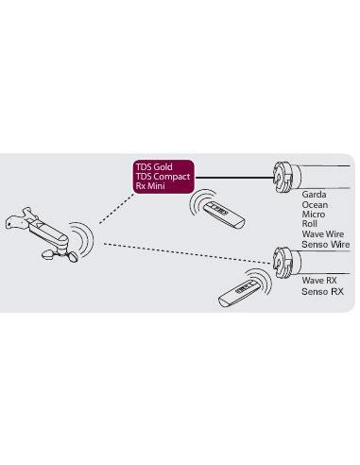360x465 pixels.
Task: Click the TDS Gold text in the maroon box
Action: pyautogui.click(x=154, y=166)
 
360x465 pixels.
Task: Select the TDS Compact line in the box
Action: pyautogui.click(x=163, y=177)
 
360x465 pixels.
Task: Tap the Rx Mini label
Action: pyautogui.click(x=150, y=185)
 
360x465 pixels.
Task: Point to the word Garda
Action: pyautogui.click(x=314, y=195)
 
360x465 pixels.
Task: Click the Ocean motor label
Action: pyautogui.click(x=315, y=205)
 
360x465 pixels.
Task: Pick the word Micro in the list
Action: pyautogui.click(x=313, y=215)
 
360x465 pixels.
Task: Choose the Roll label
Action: pyautogui.click(x=309, y=224)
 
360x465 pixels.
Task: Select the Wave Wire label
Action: pyautogui.click(x=323, y=234)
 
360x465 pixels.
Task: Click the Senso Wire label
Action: pyautogui.click(x=326, y=244)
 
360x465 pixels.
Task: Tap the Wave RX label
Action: pyautogui.click(x=319, y=280)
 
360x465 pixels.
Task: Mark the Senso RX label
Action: pyautogui.click(x=322, y=291)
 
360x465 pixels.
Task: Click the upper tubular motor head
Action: pyautogui.click(x=286, y=177)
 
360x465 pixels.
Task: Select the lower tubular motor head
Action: pyautogui.click(x=286, y=263)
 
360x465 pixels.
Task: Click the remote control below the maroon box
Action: pyautogui.click(x=224, y=215)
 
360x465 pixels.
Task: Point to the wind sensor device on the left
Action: pyautogui.click(x=40, y=233)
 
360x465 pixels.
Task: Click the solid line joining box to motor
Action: pyautogui.click(x=234, y=178)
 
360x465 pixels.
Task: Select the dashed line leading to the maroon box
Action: pyautogui.click(x=116, y=208)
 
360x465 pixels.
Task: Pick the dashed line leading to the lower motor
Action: pyautogui.click(x=188, y=253)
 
